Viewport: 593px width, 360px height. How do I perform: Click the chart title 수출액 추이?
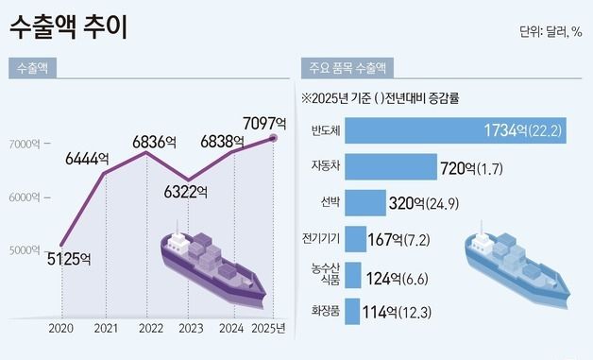[x=67, y=26]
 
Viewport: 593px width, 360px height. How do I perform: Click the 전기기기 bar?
[x=355, y=238]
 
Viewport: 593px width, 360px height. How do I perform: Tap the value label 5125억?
[x=69, y=258]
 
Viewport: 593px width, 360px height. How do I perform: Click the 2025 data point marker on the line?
[x=274, y=138]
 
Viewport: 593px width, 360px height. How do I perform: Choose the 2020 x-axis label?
[x=60, y=328]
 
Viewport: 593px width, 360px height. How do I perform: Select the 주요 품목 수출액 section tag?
[x=347, y=68]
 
